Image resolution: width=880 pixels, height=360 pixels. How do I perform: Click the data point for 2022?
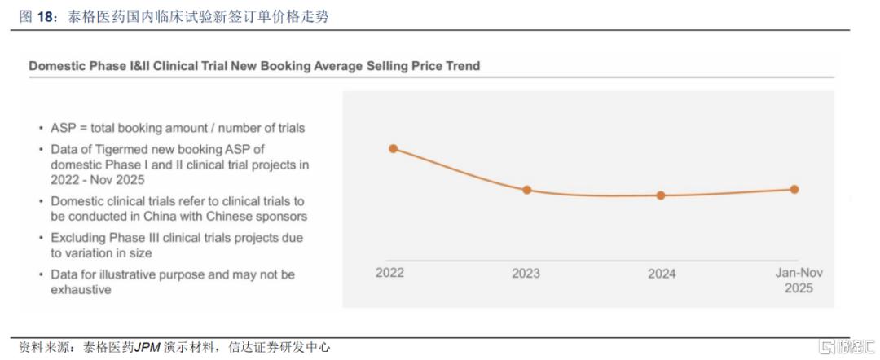[x=393, y=148]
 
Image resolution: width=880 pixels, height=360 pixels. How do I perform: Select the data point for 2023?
[x=526, y=190]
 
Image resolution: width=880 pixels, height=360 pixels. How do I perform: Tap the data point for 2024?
[x=661, y=195]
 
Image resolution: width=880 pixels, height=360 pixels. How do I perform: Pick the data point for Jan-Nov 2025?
[x=794, y=189]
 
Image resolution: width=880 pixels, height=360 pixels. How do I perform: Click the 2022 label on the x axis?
[x=389, y=273]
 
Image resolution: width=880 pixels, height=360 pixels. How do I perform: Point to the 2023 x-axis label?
[x=526, y=274]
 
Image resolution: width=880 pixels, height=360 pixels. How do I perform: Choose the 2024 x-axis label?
[x=662, y=274]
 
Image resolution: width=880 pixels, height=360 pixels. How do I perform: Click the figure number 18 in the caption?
[x=45, y=16]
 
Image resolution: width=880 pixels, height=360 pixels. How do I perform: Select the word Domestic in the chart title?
[x=57, y=66]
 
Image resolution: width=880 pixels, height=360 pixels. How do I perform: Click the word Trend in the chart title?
[x=460, y=66]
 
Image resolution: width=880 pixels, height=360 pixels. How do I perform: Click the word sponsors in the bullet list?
[x=280, y=217]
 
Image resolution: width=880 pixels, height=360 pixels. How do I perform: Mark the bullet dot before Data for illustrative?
[x=42, y=275]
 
